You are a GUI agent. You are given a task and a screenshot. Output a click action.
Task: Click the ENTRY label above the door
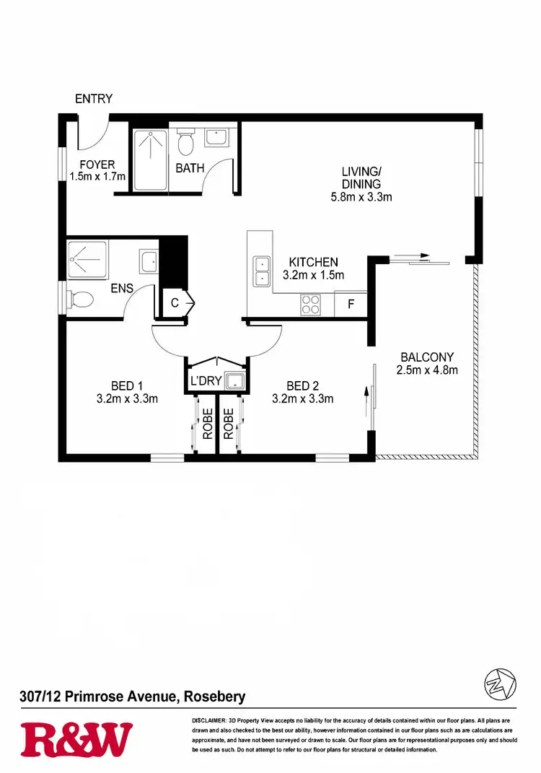coord(94,99)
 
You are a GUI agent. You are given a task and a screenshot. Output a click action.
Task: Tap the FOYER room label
coord(97,165)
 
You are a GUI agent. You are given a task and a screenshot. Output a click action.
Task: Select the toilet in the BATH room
coord(186,142)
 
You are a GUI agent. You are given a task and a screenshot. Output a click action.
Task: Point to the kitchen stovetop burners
coord(310,304)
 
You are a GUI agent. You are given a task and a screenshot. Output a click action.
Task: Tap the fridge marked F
coord(351,304)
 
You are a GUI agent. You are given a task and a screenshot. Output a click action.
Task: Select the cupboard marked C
coord(175,304)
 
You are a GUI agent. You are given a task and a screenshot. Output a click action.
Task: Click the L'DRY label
coord(206,381)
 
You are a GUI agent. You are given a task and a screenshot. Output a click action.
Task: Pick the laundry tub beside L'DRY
coord(234,381)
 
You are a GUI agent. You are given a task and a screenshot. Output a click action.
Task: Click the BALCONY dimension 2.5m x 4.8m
coord(427,370)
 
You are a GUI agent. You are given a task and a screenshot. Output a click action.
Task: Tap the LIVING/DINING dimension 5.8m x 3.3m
coord(361,197)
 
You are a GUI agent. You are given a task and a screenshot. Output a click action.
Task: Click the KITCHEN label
coord(313,262)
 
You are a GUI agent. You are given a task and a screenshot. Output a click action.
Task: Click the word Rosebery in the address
coord(214,696)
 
